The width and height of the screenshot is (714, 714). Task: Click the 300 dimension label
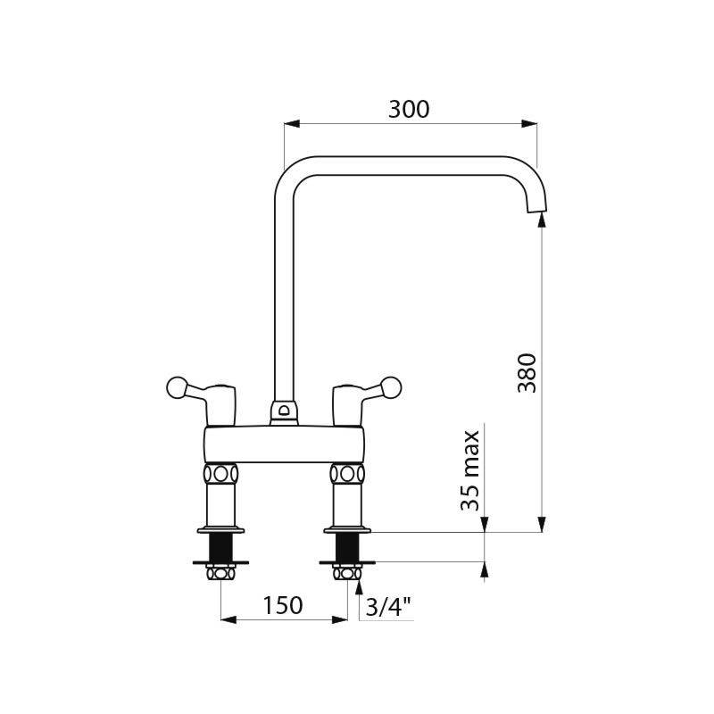click(409, 109)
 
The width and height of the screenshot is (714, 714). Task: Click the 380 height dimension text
click(527, 372)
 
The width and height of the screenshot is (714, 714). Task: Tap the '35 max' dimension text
click(471, 470)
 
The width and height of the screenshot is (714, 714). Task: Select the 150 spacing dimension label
click(282, 605)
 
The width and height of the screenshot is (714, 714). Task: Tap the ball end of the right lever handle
click(389, 387)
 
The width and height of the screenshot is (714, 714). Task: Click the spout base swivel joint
click(284, 411)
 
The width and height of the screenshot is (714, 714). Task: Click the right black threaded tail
click(347, 545)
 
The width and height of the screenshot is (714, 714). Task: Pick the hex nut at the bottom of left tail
click(220, 573)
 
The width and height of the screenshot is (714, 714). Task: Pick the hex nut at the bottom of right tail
click(347, 573)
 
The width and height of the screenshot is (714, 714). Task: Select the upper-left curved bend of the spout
click(287, 172)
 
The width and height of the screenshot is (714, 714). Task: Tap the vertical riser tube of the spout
click(284, 295)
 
